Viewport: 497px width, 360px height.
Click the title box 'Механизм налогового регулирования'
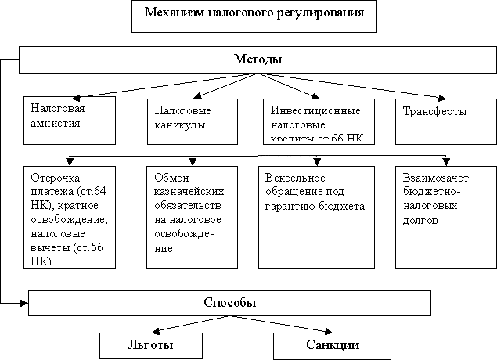[247, 16]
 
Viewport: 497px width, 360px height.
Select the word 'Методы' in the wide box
[258, 59]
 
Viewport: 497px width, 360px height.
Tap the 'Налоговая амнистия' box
[70, 119]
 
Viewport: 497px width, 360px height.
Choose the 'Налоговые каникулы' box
[192, 119]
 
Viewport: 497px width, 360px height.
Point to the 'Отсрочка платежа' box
[70, 215]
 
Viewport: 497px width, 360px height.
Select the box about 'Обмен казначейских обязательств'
[192, 215]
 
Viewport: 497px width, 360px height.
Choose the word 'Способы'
[230, 302]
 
